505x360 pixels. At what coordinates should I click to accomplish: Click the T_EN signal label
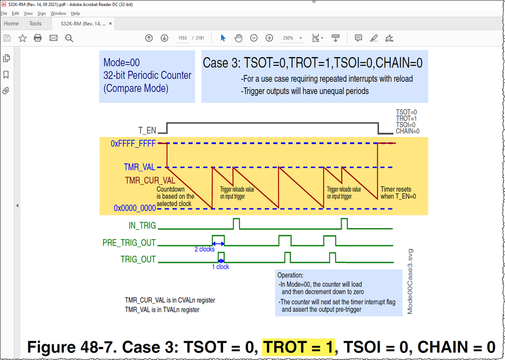click(x=147, y=130)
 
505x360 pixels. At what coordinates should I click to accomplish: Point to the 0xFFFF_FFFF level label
click(x=133, y=144)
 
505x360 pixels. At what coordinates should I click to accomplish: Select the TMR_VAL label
click(x=140, y=167)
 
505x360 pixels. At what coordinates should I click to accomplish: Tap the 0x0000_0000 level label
click(x=134, y=208)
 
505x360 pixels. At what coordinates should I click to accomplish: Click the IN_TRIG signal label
click(x=142, y=226)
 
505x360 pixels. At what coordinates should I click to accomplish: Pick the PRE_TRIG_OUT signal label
click(x=129, y=243)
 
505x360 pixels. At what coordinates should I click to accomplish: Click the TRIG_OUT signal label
click(x=138, y=259)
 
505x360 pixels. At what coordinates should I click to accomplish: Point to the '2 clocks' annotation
click(x=205, y=249)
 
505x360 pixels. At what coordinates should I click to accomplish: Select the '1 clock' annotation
click(x=220, y=266)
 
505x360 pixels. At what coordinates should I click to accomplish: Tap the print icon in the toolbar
click(x=37, y=38)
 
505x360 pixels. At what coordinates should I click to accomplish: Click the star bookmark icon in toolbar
click(x=22, y=38)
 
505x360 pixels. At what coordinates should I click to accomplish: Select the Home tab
click(x=11, y=23)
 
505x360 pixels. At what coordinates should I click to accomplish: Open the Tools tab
click(x=35, y=23)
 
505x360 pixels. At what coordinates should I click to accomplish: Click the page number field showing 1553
click(x=182, y=38)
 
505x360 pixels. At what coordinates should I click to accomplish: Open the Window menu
click(x=58, y=14)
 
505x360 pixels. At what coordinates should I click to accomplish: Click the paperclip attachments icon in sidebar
click(x=7, y=91)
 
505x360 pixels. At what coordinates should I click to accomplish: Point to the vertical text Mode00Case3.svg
click(x=410, y=281)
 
